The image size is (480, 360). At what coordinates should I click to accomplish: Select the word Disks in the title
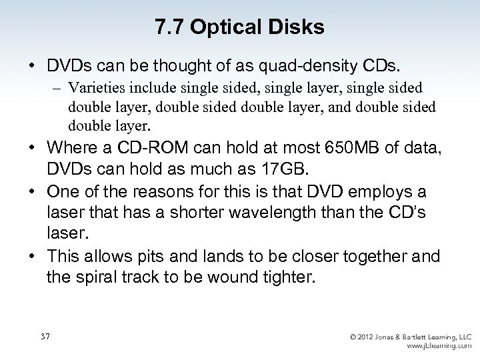(297, 27)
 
